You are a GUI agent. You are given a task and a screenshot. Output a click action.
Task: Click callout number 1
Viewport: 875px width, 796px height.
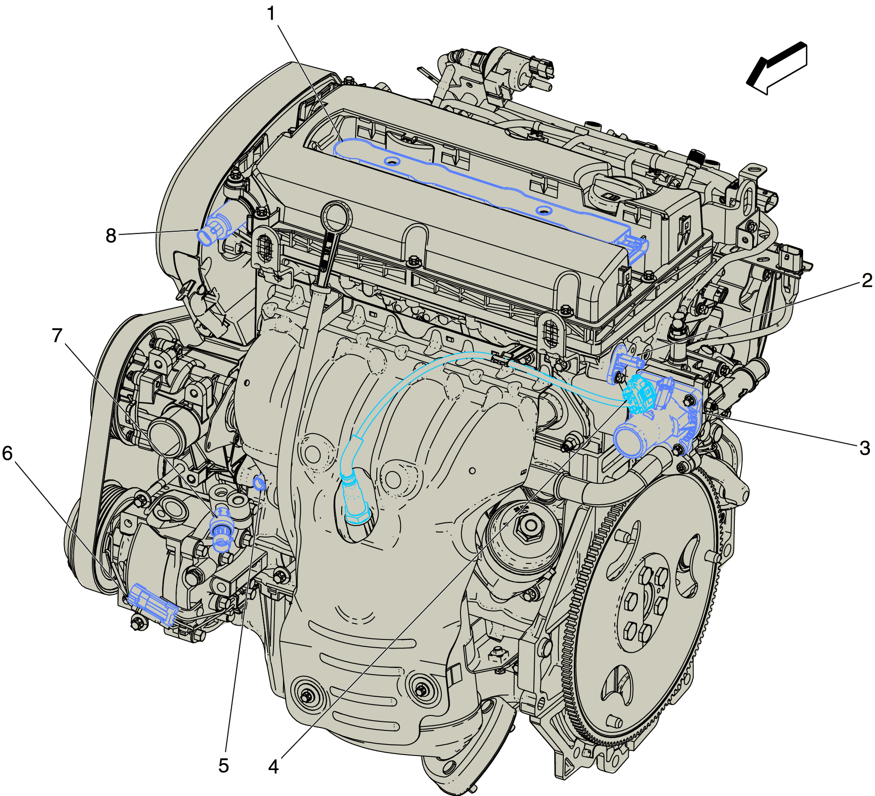[x=271, y=14]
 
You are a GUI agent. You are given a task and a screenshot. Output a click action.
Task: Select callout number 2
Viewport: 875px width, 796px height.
[x=867, y=280]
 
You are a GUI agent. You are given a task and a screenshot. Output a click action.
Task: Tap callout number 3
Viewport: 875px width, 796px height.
[x=865, y=448]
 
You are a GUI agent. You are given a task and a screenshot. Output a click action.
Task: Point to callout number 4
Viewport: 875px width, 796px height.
[x=273, y=766]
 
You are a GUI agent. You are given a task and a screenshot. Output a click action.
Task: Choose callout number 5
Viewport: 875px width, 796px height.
[x=223, y=766]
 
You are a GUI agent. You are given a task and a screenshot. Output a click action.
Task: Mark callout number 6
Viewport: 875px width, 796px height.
[x=7, y=453]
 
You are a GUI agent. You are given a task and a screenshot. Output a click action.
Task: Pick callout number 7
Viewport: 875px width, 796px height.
[x=57, y=335]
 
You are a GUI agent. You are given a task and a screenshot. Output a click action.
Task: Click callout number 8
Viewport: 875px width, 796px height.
[x=111, y=236]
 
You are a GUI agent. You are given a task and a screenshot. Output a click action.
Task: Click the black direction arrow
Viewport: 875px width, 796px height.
[x=777, y=68]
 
